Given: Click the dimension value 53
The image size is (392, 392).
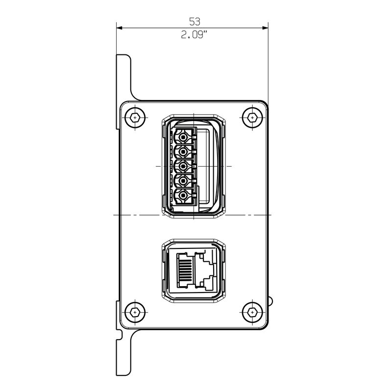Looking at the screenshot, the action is pos(195,22).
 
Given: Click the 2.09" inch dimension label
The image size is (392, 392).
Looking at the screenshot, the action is pos(194,35).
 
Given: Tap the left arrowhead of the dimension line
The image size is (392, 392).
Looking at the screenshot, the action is pos(120,28).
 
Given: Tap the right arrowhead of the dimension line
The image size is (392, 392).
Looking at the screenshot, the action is pos(265,28).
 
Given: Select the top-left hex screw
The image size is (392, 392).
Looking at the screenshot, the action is pos(135,117).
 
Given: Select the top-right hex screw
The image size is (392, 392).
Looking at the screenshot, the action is pos(252,117).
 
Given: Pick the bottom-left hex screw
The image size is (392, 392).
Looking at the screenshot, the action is pos(135,312).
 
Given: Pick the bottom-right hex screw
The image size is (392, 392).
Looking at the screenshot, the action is pos(252,312).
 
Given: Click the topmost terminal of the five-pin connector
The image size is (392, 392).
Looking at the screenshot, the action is pos(184,137).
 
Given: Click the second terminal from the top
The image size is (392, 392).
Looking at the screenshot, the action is pos(184,151).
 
